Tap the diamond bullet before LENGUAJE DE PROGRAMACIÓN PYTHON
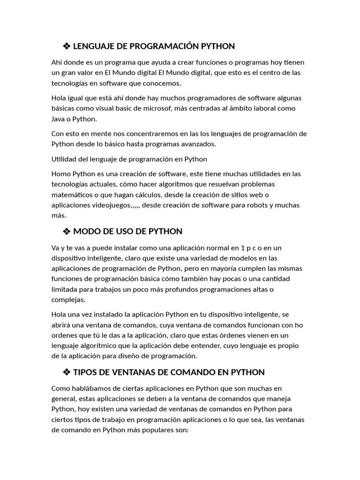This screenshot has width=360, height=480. (x=66, y=46)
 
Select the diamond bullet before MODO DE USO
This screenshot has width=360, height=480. (x=66, y=231)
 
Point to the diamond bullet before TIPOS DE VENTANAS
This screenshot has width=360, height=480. (x=66, y=372)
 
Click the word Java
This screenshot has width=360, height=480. (x=60, y=119)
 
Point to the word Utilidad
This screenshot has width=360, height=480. (x=65, y=159)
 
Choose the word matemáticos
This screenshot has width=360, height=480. (x=73, y=195)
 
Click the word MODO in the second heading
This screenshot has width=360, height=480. (x=86, y=231)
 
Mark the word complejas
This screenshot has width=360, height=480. (x=68, y=300)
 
